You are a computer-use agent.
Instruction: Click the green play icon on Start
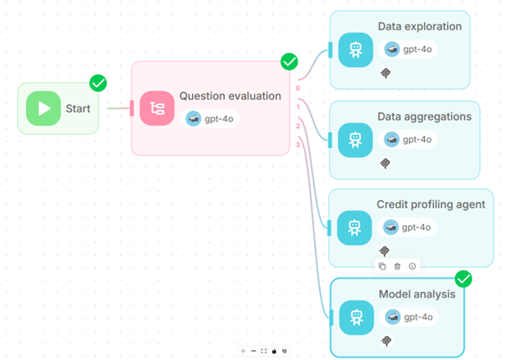(43, 108)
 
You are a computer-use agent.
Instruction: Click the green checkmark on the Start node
(99, 82)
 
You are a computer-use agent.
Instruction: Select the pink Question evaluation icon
(156, 108)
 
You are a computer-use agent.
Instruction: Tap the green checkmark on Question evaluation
(289, 62)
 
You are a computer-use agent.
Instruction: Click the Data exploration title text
(419, 27)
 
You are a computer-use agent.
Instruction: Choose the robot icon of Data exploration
(355, 50)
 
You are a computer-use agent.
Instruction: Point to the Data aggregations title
(424, 116)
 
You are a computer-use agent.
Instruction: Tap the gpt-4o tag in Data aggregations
(410, 139)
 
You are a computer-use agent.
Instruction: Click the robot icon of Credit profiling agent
(355, 227)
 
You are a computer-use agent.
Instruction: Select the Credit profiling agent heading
(431, 204)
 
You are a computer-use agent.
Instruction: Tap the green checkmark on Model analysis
(463, 279)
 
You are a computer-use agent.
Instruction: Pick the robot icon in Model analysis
(355, 317)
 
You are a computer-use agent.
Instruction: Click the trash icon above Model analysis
(397, 266)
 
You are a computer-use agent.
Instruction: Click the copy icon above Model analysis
(382, 266)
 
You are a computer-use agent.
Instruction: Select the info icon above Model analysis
(412, 266)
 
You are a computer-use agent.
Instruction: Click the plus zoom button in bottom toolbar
(243, 351)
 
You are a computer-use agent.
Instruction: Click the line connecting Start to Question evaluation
(118, 108)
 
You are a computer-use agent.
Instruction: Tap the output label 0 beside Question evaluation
(298, 88)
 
